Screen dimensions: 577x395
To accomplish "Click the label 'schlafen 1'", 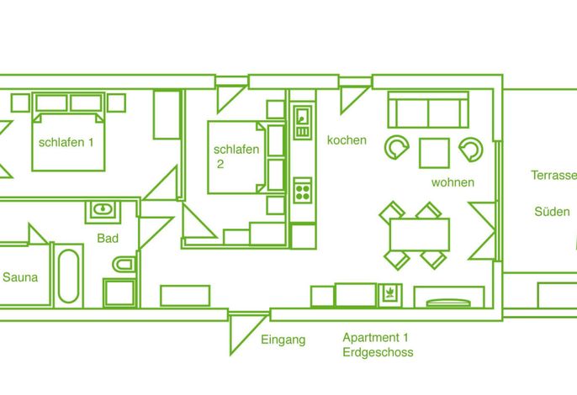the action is [66, 142].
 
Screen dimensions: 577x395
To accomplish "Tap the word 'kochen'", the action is [347, 140].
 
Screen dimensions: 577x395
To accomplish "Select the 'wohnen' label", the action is [453, 182].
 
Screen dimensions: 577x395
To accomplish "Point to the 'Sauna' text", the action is [20, 277].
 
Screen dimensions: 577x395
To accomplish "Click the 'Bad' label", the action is [108, 239].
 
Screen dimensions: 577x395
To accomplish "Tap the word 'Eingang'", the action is [283, 340].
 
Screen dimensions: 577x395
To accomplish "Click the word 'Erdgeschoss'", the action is [378, 352].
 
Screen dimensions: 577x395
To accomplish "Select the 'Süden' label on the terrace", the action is [552, 212].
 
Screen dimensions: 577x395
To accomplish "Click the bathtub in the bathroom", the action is [68, 276].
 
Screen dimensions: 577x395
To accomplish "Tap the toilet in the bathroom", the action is [124, 264].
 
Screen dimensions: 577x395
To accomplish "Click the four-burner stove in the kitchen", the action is [303, 190].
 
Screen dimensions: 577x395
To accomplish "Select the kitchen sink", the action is [303, 122].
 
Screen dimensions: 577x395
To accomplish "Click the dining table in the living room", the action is [420, 234].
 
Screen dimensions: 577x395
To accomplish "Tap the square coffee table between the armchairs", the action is [434, 153].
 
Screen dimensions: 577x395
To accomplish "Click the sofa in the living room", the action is [428, 109].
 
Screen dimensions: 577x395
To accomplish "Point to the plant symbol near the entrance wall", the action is [389, 294].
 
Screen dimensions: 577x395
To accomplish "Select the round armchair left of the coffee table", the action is [397, 147].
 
